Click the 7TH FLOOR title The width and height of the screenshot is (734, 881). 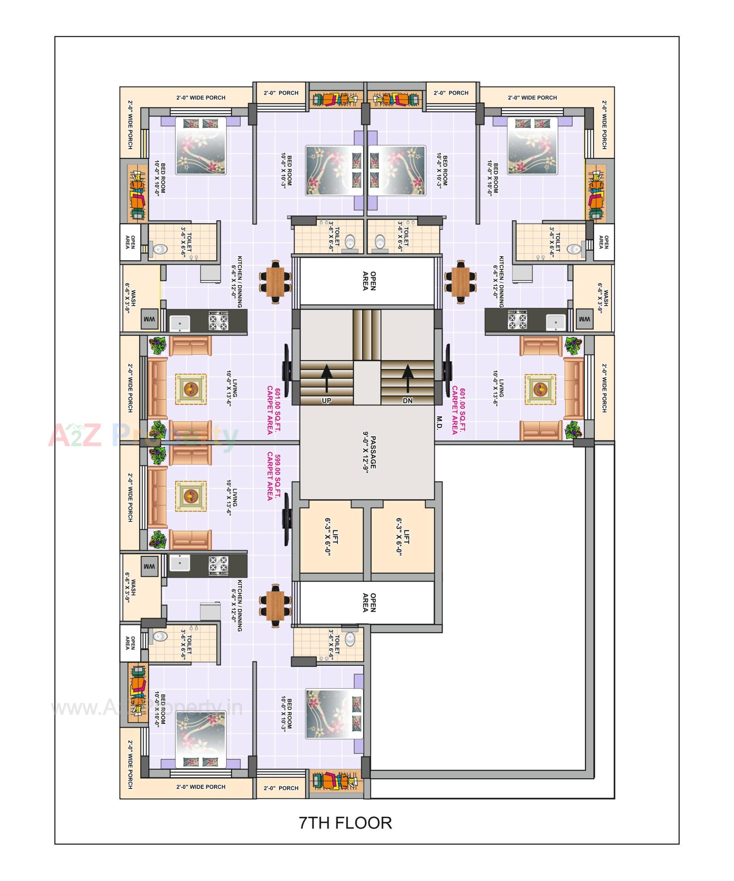coord(345,823)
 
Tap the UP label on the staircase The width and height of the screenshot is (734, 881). coord(326,401)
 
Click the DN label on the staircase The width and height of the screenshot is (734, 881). coord(408,401)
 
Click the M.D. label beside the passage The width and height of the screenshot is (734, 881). coord(439,422)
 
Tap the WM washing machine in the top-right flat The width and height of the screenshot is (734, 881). coord(584,320)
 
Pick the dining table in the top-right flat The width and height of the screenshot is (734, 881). coord(460,282)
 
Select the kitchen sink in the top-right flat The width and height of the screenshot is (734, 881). coord(556,323)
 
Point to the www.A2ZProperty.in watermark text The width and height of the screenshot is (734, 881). coord(146,708)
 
